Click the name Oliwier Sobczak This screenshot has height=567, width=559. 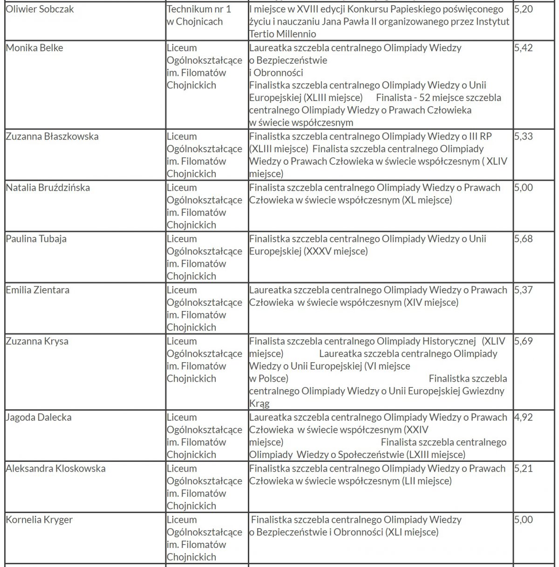point(40,9)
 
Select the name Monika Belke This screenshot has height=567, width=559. point(34,48)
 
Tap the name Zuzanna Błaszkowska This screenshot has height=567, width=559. point(52,137)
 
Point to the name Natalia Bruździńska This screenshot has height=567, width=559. point(48,188)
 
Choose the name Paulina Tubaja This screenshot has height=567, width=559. point(36,239)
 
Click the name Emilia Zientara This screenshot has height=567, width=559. point(38,290)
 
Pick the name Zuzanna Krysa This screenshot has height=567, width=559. point(37,342)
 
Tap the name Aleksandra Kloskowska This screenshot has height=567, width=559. point(56,469)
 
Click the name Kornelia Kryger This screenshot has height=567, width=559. point(39,520)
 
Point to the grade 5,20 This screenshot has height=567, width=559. point(524,9)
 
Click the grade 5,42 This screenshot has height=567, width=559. point(524,48)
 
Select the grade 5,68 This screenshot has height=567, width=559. point(524,239)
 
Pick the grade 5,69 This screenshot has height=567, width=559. point(524,342)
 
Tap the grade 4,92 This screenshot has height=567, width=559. point(524,418)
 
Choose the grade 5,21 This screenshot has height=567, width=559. point(524,469)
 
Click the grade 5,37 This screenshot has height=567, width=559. point(524,290)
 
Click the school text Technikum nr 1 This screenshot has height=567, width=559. point(199,9)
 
